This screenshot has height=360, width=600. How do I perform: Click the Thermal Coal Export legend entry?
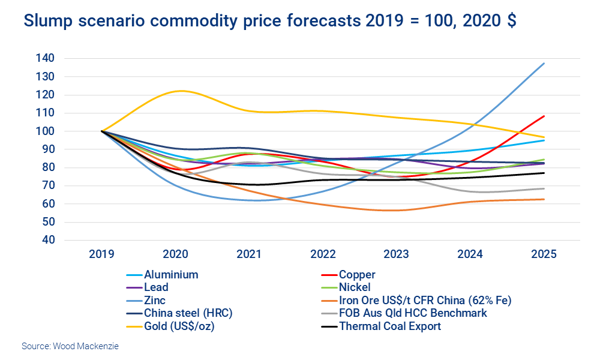tap(389, 326)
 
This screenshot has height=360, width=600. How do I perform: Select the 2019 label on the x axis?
tap(101, 254)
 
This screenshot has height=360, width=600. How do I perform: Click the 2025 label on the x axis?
tap(544, 254)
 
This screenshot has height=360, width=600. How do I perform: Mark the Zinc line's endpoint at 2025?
tap(544, 63)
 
